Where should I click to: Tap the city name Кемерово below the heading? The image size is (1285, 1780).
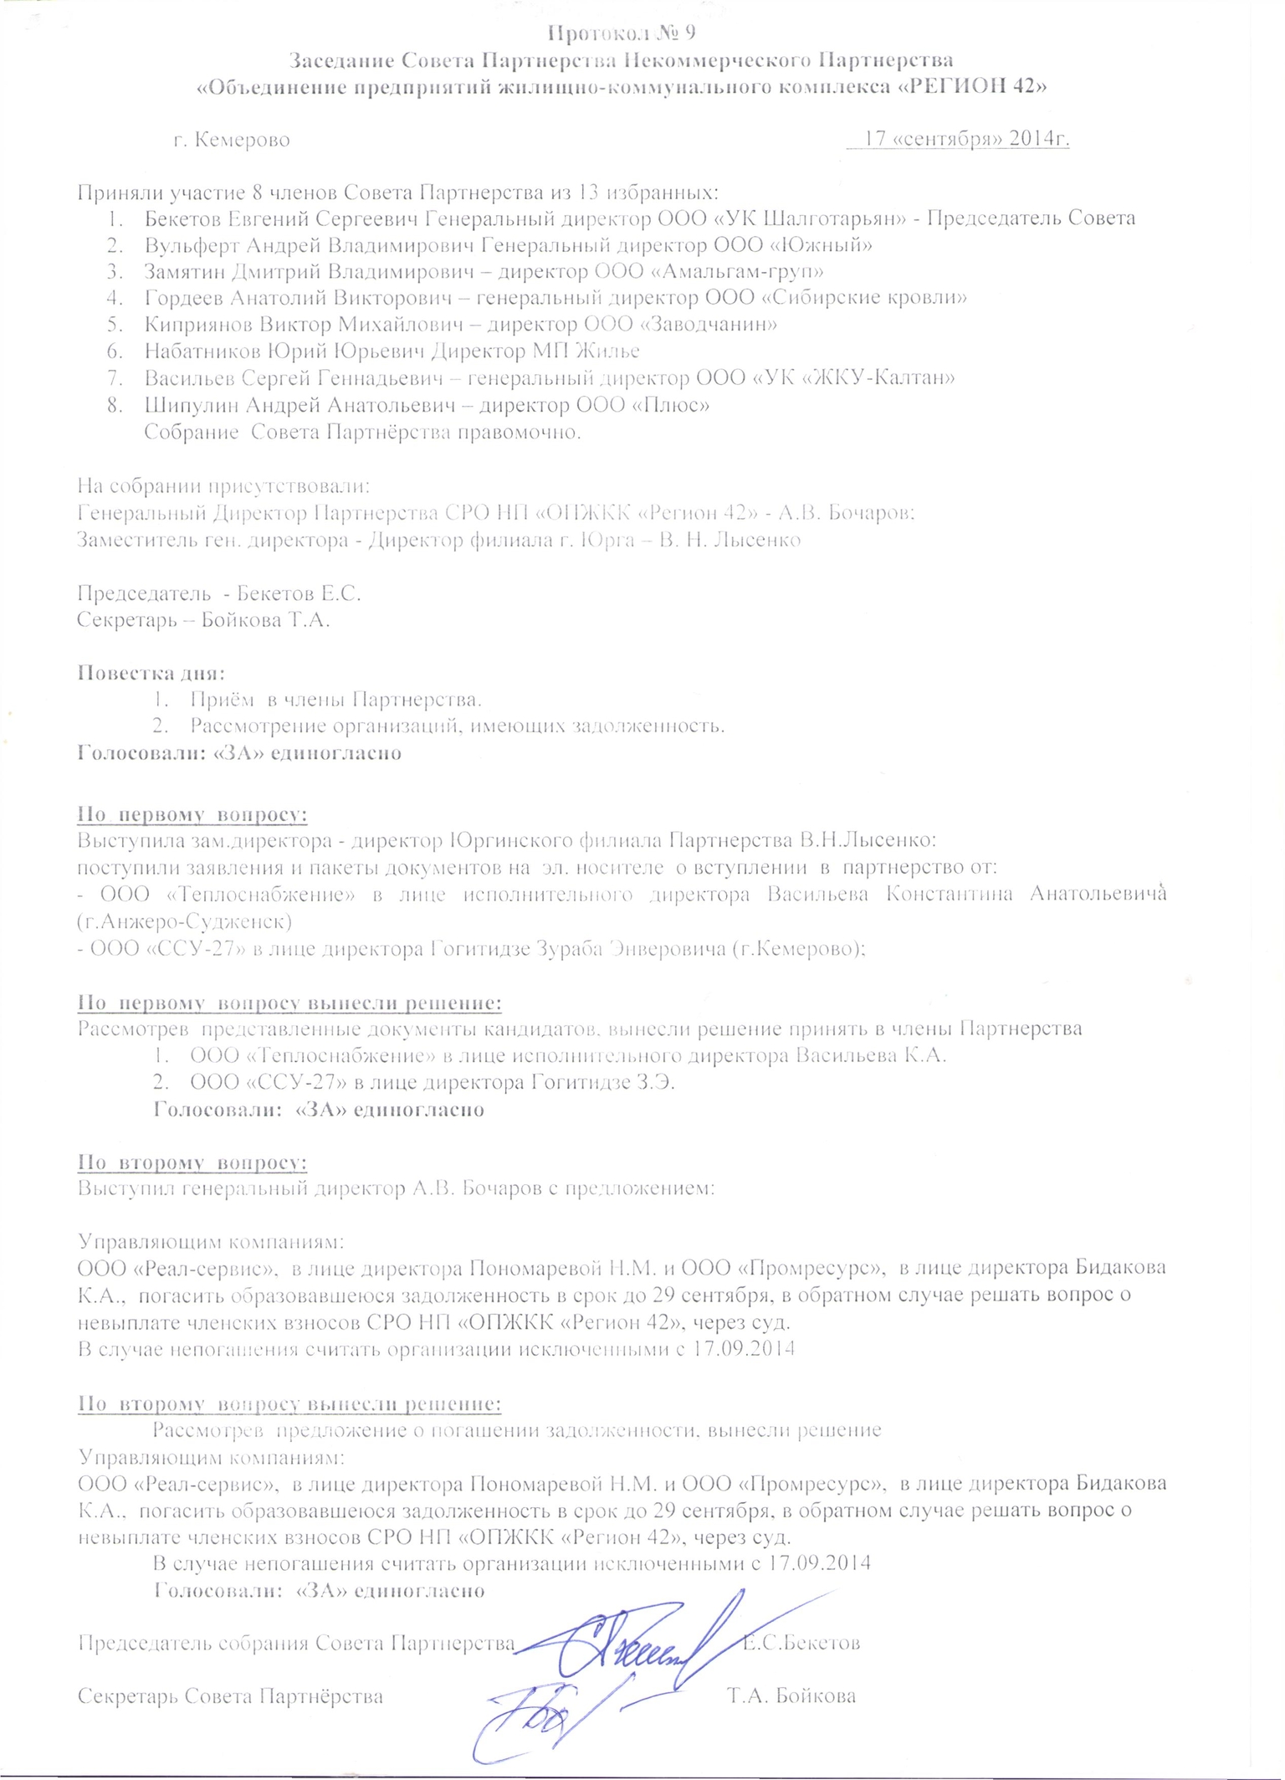pos(242,139)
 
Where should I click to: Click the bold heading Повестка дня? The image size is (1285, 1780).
pos(151,673)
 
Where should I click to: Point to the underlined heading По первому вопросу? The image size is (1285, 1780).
pos(192,814)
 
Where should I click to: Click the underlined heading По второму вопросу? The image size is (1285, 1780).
pos(192,1162)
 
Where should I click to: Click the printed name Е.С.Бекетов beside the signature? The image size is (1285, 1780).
pos(801,1643)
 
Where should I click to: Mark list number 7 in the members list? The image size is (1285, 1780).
pos(115,378)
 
